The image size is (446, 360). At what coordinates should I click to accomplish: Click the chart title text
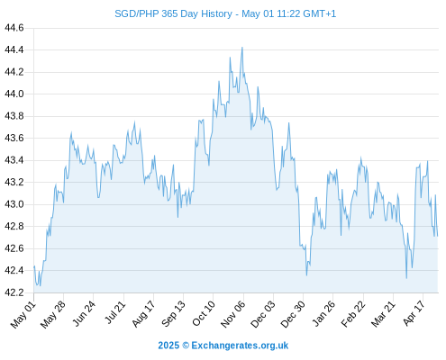(225, 13)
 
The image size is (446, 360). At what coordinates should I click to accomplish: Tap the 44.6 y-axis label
(14, 28)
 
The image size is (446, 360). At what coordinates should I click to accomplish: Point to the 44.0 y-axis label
(14, 94)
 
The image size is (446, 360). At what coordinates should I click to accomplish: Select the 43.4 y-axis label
(14, 160)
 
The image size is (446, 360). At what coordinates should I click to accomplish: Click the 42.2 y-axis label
(14, 292)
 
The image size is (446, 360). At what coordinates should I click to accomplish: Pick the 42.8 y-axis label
(14, 226)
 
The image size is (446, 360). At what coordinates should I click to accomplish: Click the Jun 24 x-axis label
(84, 313)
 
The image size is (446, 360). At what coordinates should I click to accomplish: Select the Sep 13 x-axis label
(173, 313)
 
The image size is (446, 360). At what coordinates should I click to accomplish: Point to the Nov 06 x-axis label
(232, 314)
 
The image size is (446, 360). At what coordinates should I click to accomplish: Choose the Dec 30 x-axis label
(293, 314)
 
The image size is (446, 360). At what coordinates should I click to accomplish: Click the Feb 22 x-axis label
(353, 314)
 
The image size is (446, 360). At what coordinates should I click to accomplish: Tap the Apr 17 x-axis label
(414, 313)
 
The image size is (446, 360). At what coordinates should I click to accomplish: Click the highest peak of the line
(242, 48)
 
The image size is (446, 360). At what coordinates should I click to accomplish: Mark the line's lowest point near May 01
(40, 285)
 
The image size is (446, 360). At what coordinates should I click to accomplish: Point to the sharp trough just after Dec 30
(306, 275)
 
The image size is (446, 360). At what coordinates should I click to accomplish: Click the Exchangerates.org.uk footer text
(240, 346)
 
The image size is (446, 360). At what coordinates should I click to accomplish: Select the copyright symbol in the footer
(186, 346)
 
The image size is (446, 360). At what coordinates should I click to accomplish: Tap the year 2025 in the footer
(168, 346)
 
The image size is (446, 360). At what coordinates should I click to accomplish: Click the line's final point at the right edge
(438, 236)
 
